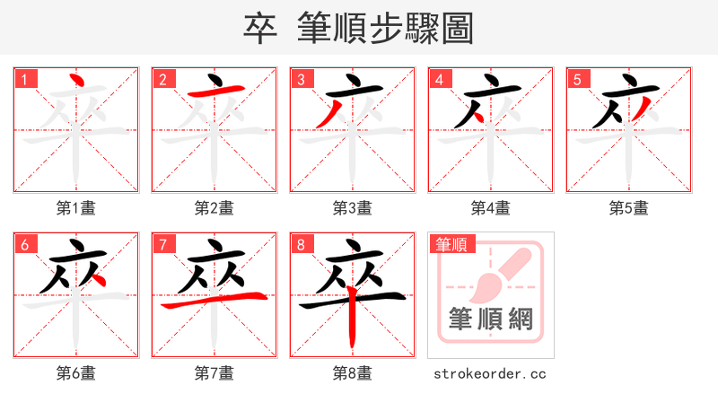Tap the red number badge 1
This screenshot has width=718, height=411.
[x=24, y=79]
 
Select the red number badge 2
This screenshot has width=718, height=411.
[x=162, y=79]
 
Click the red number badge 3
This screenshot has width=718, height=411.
[x=301, y=79]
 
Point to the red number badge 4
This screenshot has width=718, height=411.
[x=439, y=79]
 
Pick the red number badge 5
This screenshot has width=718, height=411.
[x=577, y=79]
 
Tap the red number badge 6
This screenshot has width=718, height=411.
[x=24, y=244]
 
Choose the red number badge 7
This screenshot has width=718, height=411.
[x=162, y=244]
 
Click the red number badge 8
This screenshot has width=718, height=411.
[x=301, y=244]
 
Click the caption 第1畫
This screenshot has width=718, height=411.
[x=76, y=208]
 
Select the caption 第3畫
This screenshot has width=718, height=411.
[x=353, y=208]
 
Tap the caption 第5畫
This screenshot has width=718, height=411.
[x=629, y=208]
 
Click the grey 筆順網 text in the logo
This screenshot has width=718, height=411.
[x=491, y=319]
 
